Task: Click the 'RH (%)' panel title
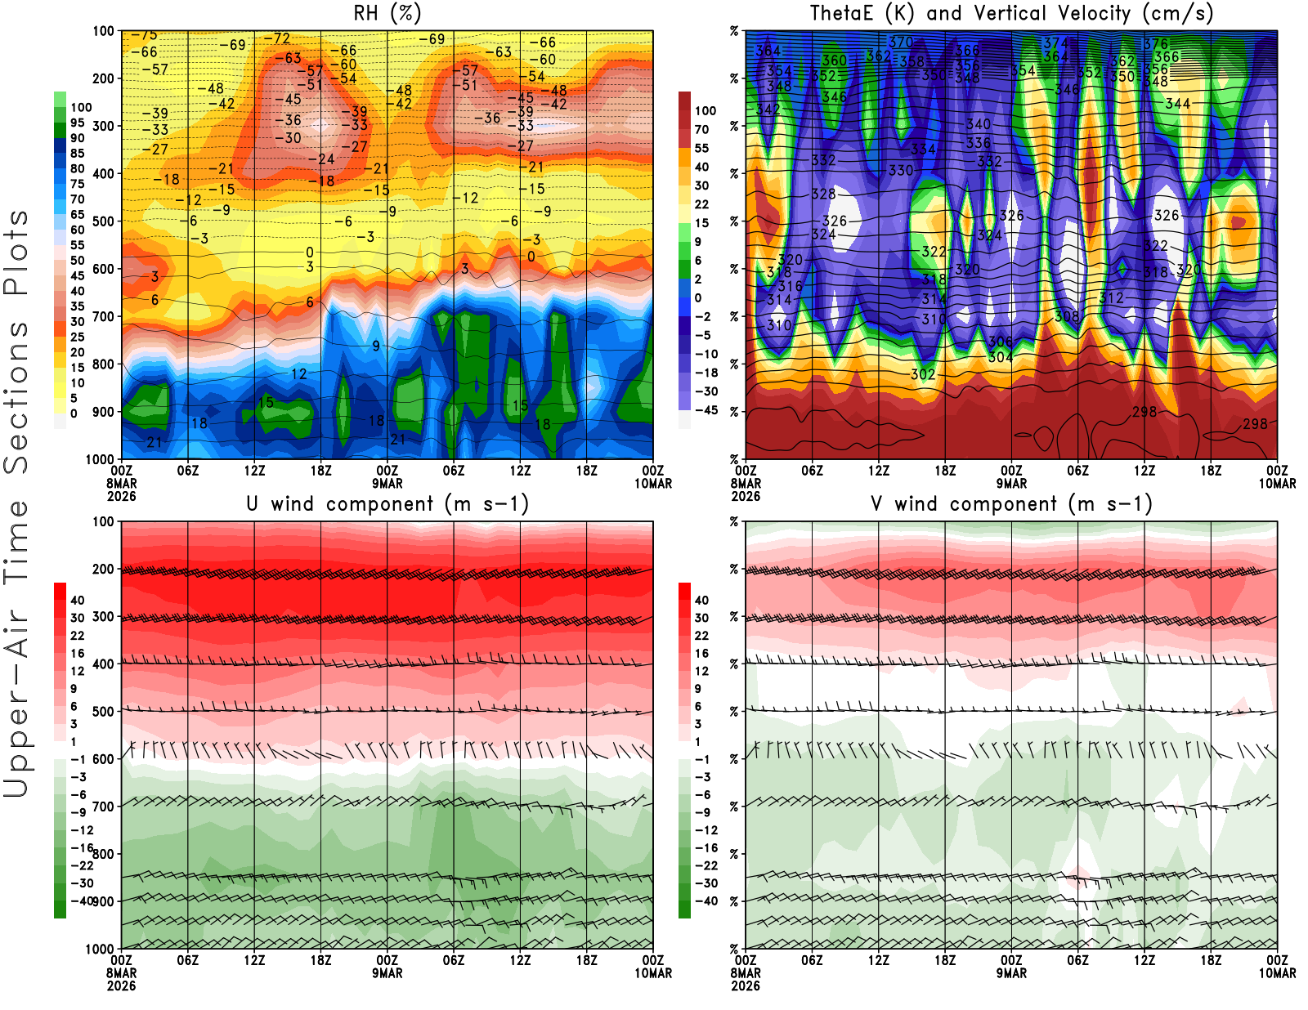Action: (x=387, y=13)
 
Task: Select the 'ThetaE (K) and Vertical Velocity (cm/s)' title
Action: (x=1011, y=13)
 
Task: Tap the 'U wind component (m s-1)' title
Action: (x=387, y=503)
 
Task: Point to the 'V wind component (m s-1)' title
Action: (x=1011, y=503)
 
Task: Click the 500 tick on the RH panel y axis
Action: (x=103, y=221)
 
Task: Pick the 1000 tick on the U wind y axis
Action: (x=100, y=949)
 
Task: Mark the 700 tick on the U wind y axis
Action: (x=103, y=807)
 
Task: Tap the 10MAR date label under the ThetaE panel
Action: (x=1277, y=484)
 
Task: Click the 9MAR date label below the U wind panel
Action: (x=387, y=973)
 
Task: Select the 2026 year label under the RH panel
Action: (x=121, y=496)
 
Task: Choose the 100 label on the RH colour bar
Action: (x=81, y=107)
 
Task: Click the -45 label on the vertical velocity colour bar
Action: (x=706, y=410)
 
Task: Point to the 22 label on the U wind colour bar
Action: (x=77, y=636)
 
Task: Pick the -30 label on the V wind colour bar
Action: (x=706, y=883)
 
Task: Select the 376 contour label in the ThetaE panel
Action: (x=1156, y=44)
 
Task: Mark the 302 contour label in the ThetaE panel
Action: (x=923, y=374)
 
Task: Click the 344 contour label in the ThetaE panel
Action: (x=1177, y=104)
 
